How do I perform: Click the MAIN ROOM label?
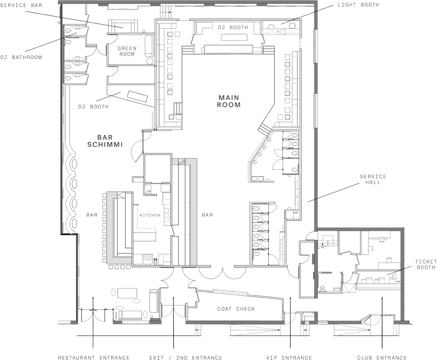[x=229, y=101]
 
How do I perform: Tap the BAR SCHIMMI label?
[x=105, y=141]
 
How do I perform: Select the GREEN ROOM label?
[x=127, y=51]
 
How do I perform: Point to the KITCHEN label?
[x=150, y=215]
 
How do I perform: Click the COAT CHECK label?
[x=236, y=309]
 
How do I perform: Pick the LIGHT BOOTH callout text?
[x=358, y=5]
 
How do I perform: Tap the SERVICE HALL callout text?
[x=372, y=179]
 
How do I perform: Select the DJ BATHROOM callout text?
[x=21, y=57]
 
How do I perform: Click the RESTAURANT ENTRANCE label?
[x=94, y=357]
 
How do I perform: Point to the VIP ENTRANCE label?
[x=289, y=357]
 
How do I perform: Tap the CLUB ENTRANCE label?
[x=382, y=357]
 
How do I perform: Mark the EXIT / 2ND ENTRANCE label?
[x=186, y=357]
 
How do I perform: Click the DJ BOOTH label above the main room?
[x=233, y=27]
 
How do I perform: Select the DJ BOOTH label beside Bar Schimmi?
[x=93, y=106]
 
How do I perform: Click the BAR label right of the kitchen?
[x=207, y=215]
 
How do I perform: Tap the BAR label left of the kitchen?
[x=92, y=215]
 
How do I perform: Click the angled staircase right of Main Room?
[x=264, y=128]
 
